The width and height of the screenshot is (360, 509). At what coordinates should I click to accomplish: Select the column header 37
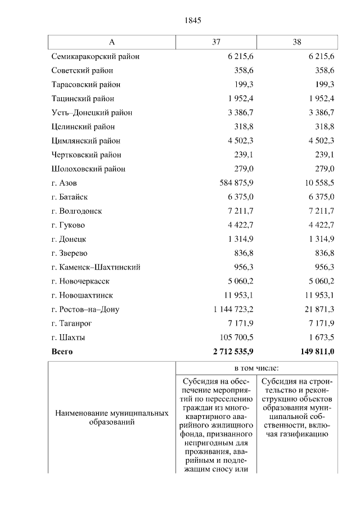(x=216, y=42)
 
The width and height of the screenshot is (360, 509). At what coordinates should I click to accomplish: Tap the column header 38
(x=297, y=42)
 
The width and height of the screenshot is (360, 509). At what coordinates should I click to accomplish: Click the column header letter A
(x=111, y=42)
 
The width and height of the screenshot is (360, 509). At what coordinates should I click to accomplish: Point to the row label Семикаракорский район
(x=95, y=56)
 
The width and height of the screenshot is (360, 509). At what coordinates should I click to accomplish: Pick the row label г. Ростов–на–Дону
(x=85, y=309)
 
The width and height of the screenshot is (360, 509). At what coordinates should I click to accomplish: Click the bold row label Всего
(x=62, y=352)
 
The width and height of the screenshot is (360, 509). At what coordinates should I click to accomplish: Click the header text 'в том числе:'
(x=256, y=368)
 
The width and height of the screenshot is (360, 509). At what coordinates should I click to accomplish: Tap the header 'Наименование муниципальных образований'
(x=111, y=418)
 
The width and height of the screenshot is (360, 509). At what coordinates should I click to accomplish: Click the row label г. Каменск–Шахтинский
(x=96, y=267)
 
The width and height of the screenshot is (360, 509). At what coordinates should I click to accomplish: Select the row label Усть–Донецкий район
(x=92, y=112)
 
